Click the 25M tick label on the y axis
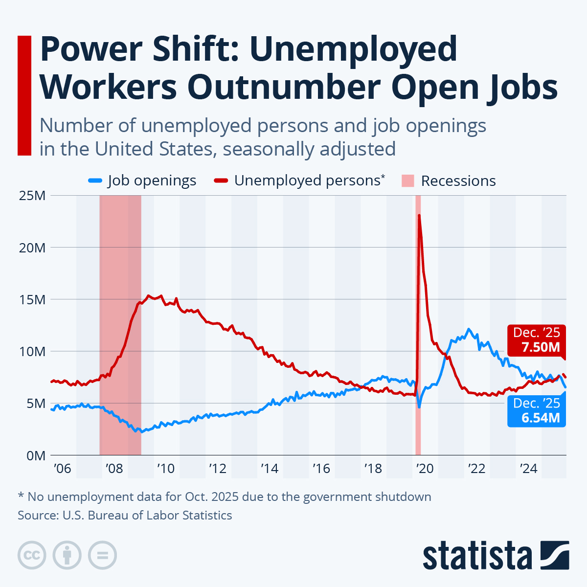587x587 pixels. point(32,196)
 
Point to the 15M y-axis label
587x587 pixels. point(32,299)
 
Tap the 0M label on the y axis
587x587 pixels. point(35,455)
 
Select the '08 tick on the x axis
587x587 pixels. point(113,469)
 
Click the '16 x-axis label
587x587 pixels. point(321,469)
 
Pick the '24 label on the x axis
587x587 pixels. point(528,469)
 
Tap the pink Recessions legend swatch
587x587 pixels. point(407,181)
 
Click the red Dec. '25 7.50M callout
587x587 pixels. point(536,340)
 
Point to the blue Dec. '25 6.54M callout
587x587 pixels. point(536,410)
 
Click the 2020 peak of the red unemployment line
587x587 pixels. point(419,216)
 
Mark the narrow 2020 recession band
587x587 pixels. point(418,342)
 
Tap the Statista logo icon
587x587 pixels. point(555,555)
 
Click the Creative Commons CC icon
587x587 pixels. point(32,555)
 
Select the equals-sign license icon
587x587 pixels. point(102,555)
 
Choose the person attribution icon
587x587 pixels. point(67,555)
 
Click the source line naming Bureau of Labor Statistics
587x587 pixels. point(125,515)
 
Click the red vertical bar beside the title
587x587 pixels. point(24,95)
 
